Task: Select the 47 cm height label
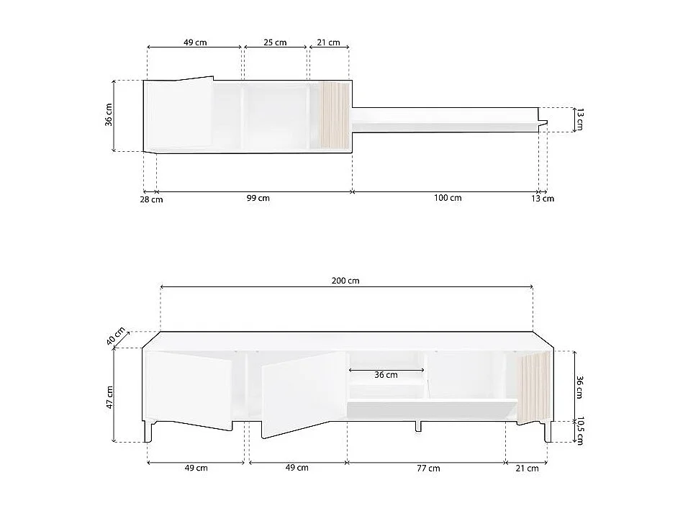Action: pyautogui.click(x=110, y=394)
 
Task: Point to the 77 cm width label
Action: pyautogui.click(x=428, y=468)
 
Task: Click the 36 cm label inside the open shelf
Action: pyautogui.click(x=386, y=374)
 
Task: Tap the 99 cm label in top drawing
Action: pyautogui.click(x=258, y=198)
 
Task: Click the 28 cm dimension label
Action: pyautogui.click(x=152, y=199)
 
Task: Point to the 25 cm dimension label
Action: pyautogui.click(x=275, y=42)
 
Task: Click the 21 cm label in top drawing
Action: pyautogui.click(x=328, y=42)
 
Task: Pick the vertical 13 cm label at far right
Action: pyautogui.click(x=578, y=119)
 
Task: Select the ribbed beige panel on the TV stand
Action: pyautogui.click(x=533, y=389)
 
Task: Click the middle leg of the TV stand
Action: pyautogui.click(x=417, y=426)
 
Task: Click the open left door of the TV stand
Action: pyautogui.click(x=189, y=389)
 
